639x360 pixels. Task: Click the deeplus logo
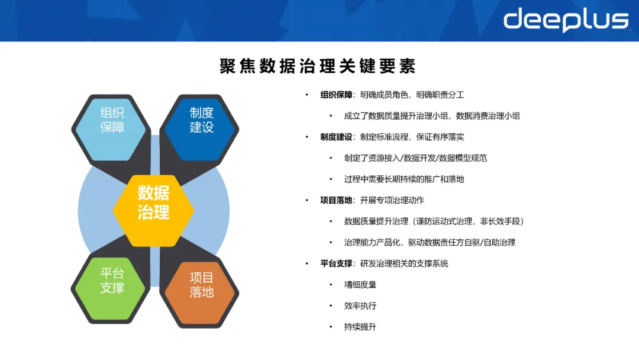pos(565,20)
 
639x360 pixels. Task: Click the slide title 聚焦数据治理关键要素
pos(318,66)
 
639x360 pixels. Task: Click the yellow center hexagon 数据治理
pos(154,202)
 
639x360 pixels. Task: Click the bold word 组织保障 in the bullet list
pos(337,95)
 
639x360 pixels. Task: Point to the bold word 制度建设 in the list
pos(337,137)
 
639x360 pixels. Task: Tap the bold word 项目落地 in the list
pos(337,200)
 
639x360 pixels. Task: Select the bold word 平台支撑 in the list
pos(337,263)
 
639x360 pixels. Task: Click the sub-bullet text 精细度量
pos(360,285)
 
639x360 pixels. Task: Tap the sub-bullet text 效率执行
pos(360,306)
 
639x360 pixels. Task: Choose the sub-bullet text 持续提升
pos(360,327)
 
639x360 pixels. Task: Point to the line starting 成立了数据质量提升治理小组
pos(432,116)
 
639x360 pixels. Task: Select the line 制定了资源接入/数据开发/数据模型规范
pos(415,158)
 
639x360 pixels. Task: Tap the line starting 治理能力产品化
pos(430,243)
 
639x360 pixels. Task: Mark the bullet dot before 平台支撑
pos(306,263)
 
